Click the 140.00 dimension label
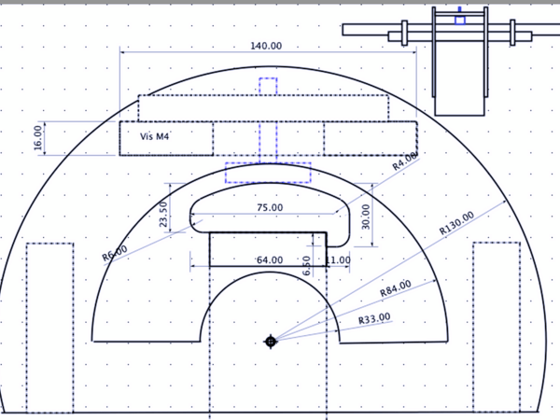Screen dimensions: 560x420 point(266,46)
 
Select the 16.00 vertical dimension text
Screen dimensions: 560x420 point(38,138)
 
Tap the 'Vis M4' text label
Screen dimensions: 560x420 point(154,136)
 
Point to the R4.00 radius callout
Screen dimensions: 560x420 point(405,161)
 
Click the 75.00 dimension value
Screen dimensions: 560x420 point(270,207)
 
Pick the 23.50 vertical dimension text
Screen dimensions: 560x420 point(163,215)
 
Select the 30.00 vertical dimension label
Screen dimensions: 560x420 point(366,217)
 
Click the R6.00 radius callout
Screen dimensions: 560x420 point(115,253)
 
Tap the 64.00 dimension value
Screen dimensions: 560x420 point(270,260)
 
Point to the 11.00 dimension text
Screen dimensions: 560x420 point(338,260)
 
